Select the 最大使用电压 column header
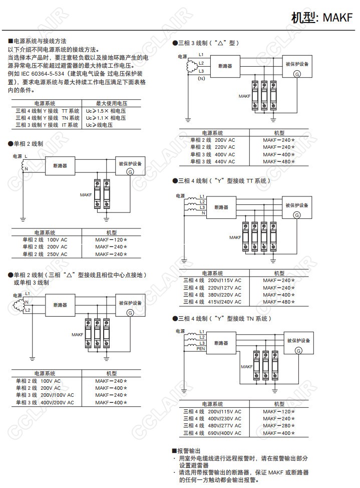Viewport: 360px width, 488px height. point(111,102)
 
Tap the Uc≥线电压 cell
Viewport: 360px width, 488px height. point(99,125)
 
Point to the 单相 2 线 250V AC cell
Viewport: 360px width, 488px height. point(45,254)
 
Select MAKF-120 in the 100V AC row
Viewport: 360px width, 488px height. point(111,239)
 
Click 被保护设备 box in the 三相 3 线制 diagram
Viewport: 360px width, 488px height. point(297,64)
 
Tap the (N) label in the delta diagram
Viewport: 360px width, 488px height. point(201,79)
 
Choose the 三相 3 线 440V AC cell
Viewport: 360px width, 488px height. point(212,162)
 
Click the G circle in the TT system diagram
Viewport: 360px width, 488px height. point(296,215)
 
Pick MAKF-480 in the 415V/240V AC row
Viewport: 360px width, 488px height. point(279,302)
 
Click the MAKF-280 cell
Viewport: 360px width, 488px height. point(279,426)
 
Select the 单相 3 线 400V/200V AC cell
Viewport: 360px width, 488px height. point(45,402)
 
